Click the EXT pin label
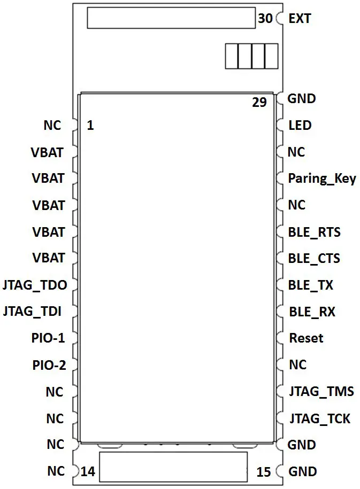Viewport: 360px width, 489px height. [x=300, y=19]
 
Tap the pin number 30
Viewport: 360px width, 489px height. [x=265, y=19]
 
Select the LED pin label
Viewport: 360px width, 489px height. [x=300, y=126]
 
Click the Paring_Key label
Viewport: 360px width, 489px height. [x=321, y=178]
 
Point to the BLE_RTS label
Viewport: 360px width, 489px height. [x=314, y=232]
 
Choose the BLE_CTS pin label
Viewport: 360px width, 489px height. [x=314, y=259]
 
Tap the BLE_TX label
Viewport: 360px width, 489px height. [x=310, y=285]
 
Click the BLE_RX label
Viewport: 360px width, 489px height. [x=311, y=312]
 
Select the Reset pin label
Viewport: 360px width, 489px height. [x=306, y=338]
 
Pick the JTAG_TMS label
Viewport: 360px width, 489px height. [x=321, y=392]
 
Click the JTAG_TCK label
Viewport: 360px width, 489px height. [x=320, y=418]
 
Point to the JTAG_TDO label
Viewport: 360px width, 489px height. [x=35, y=285]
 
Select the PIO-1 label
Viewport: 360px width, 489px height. [x=48, y=338]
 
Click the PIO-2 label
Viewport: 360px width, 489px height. [x=48, y=366]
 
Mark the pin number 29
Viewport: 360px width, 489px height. [x=259, y=102]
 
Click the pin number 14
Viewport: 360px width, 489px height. [x=88, y=472]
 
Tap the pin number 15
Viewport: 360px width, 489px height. [x=264, y=472]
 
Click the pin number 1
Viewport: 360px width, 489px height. [x=90, y=126]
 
